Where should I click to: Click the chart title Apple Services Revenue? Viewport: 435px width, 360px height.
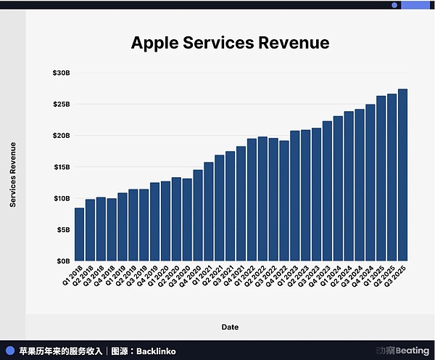230,43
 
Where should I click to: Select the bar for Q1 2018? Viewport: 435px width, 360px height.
80,234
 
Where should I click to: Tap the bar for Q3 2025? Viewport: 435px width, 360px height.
402,175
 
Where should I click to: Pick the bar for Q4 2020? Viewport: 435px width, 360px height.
198,215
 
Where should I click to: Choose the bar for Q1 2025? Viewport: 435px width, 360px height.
381,178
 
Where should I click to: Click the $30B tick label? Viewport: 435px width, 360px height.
61,73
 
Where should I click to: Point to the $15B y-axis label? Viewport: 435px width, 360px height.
61,167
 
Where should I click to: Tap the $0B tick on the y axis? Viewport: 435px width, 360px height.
63,261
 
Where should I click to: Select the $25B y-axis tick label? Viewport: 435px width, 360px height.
61,105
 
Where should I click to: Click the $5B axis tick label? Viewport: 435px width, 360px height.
63,229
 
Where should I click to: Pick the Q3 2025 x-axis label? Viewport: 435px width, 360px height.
397,275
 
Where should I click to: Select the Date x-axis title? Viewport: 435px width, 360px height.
230,327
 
